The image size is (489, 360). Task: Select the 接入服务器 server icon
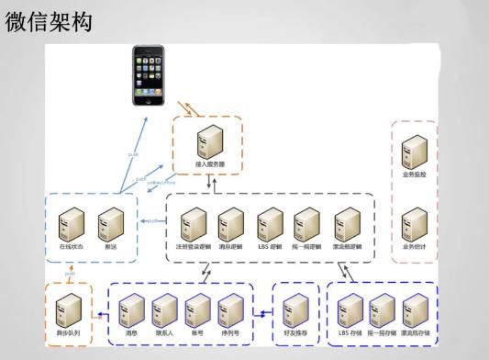211,141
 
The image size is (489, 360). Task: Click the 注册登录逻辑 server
193,224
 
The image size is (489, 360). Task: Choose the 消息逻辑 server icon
230,224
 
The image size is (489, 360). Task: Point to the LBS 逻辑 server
270,224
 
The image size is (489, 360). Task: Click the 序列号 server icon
230,307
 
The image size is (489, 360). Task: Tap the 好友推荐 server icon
295,307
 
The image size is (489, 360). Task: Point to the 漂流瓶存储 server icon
416,307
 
